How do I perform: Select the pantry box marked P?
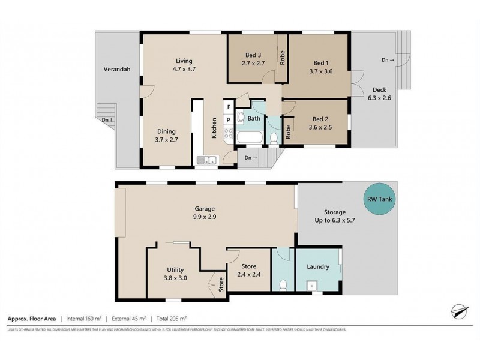(x=228, y=119)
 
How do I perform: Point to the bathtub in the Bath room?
(x=248, y=138)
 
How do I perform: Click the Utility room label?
(x=176, y=269)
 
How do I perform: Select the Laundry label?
(x=317, y=266)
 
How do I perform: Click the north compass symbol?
(x=458, y=311)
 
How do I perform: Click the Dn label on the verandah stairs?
(x=105, y=119)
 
